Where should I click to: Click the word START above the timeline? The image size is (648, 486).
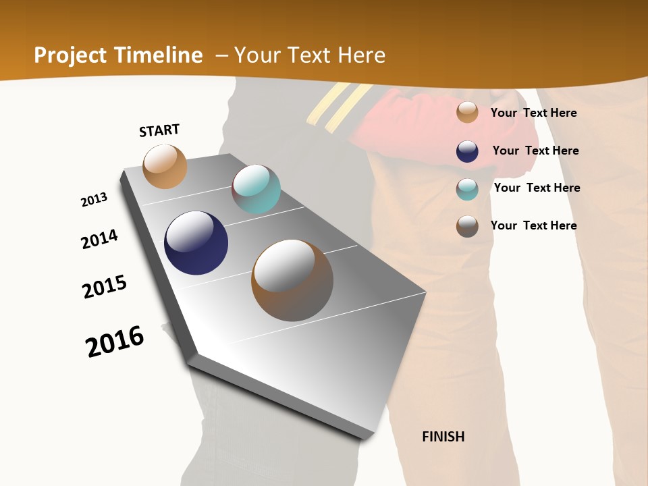tap(159, 130)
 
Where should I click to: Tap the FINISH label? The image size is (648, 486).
tap(443, 437)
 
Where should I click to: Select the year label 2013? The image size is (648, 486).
tap(94, 200)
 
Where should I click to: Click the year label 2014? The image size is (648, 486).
tap(99, 239)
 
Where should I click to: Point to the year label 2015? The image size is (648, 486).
tap(105, 287)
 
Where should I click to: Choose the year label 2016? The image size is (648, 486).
tap(115, 342)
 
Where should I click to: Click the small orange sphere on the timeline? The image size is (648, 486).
tap(165, 166)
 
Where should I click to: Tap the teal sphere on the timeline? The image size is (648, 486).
tap(256, 189)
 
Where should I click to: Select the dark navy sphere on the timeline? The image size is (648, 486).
tap(196, 243)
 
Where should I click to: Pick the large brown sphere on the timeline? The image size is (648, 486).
tap(292, 280)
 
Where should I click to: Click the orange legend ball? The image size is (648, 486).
tap(467, 112)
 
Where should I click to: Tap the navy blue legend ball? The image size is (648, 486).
tap(467, 151)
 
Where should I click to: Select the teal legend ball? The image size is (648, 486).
tap(467, 189)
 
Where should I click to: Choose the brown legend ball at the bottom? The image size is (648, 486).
tap(467, 226)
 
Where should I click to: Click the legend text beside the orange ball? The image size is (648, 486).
tap(533, 113)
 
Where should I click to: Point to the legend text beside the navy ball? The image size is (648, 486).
tap(535, 151)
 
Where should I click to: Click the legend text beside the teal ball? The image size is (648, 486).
tap(537, 188)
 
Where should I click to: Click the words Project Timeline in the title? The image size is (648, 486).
tap(118, 55)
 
